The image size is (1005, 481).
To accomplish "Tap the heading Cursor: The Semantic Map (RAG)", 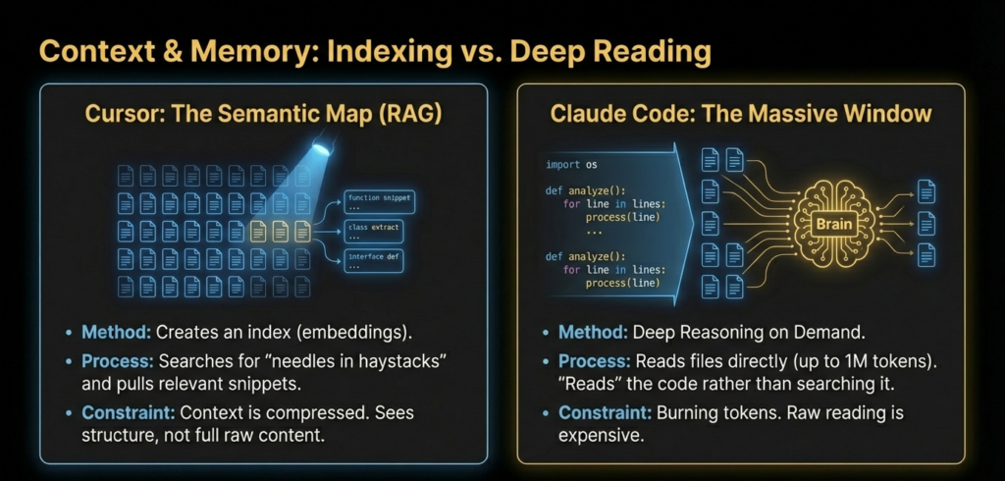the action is click(x=263, y=115).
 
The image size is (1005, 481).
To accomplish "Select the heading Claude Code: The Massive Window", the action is click(x=740, y=114).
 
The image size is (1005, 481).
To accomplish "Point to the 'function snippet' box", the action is click(x=380, y=202).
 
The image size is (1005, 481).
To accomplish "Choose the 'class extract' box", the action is click(x=374, y=232).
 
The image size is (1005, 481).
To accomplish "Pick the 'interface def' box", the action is click(x=374, y=261).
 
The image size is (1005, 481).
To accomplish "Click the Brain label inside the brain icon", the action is click(x=833, y=224).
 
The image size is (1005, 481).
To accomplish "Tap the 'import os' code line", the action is click(x=571, y=165).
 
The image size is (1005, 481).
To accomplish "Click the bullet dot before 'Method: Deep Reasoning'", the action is click(x=546, y=334).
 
